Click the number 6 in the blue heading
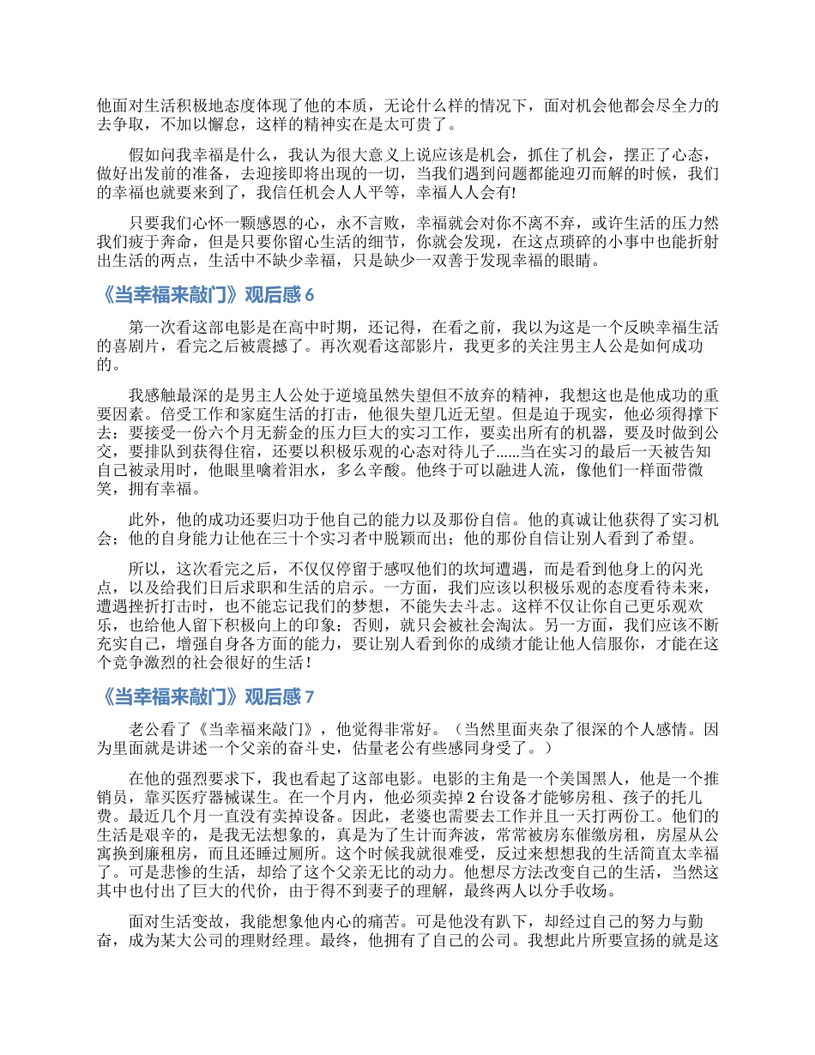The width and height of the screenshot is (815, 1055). pyautogui.click(x=310, y=296)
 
